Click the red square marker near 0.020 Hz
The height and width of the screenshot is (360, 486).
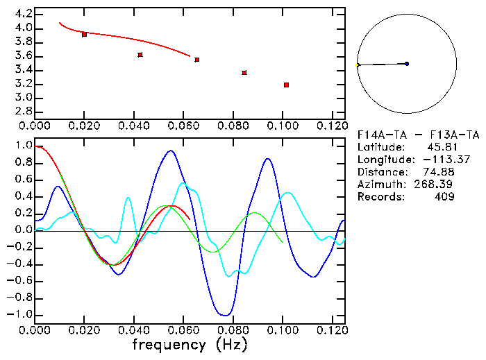(x=84, y=34)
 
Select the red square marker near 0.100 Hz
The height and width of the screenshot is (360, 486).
(x=286, y=85)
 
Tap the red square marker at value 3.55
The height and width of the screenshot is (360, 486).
(x=197, y=60)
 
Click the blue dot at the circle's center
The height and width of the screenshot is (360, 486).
(x=407, y=64)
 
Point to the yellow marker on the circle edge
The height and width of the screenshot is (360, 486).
(x=358, y=65)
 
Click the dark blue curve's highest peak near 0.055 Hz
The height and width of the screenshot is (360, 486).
(x=169, y=151)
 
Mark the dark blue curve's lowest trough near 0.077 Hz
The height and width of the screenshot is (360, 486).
(x=224, y=315)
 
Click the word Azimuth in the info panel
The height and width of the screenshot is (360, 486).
(x=380, y=185)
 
